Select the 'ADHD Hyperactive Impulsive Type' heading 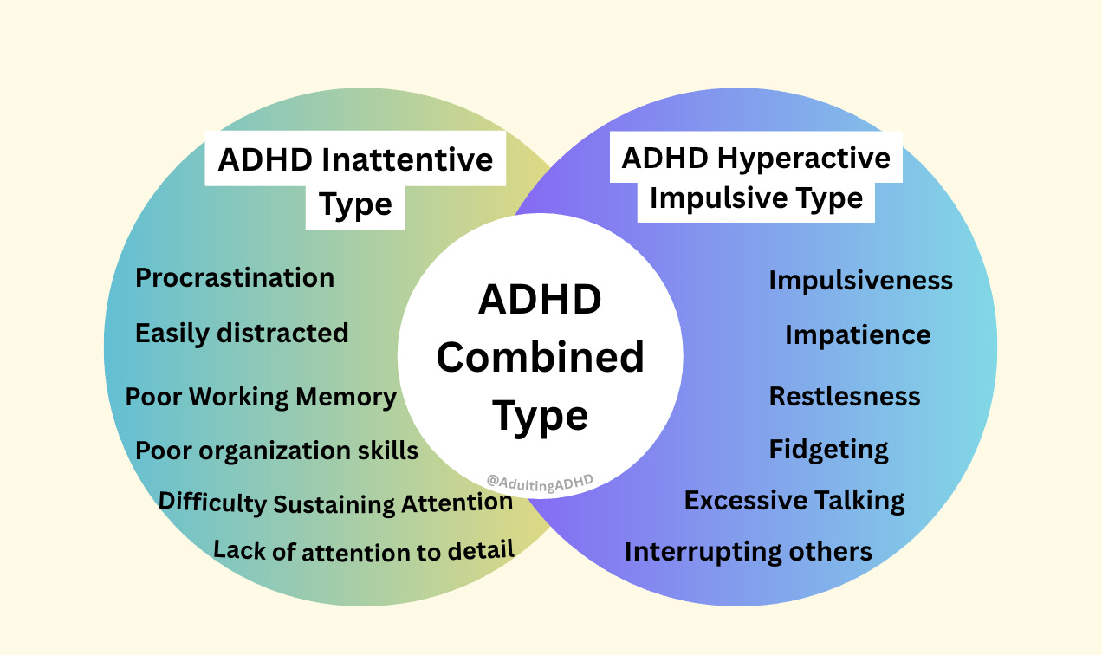755,177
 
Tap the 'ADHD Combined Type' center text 540,358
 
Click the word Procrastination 235,278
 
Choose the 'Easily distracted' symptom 242,334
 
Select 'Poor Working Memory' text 261,397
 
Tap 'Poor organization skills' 276,451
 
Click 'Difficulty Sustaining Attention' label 335,503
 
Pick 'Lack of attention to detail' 364,550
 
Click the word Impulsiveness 860,281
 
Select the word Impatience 858,335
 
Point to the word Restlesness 845,397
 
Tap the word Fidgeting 829,450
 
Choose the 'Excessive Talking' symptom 794,501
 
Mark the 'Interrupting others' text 749,552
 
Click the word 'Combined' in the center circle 540,358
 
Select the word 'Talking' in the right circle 852,501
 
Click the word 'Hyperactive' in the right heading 804,159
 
